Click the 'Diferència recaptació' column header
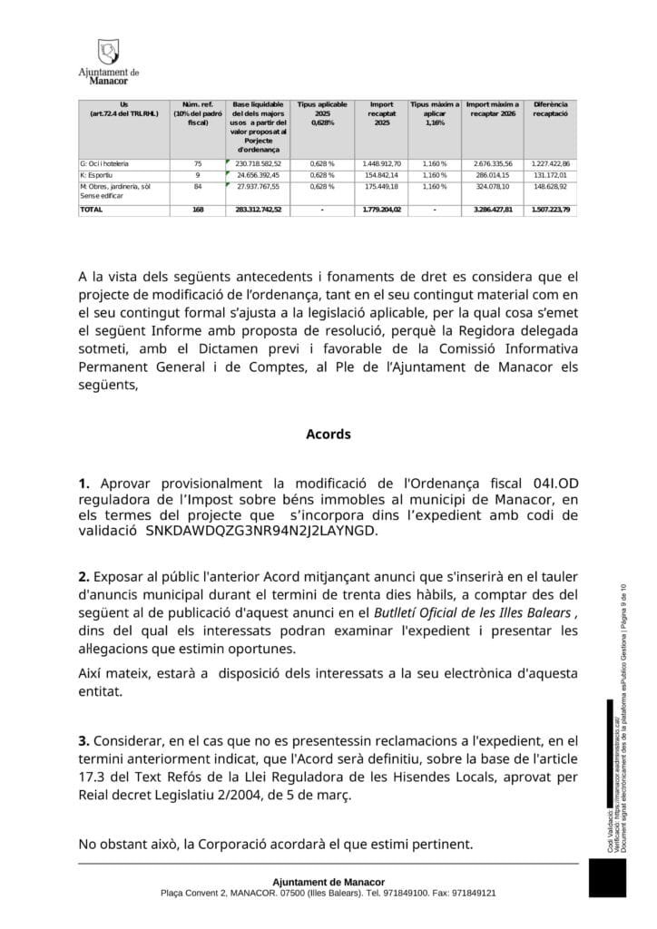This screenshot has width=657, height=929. coord(550,110)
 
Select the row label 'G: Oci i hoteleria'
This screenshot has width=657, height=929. coord(104,163)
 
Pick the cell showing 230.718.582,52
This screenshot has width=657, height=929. coord(258,163)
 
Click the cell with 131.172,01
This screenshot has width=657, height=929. coord(550,175)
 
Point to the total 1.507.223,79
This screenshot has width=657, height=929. coord(550,210)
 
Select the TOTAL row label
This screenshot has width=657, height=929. coord(92,210)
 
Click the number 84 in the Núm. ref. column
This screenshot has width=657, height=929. coord(197,187)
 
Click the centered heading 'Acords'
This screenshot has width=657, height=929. coord(328,435)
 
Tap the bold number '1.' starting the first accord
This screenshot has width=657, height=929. coord(84,484)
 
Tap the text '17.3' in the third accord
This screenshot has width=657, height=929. coord(92,777)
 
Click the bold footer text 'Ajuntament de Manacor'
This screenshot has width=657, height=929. coord(328,882)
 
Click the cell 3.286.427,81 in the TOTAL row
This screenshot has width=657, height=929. coord(493,210)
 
